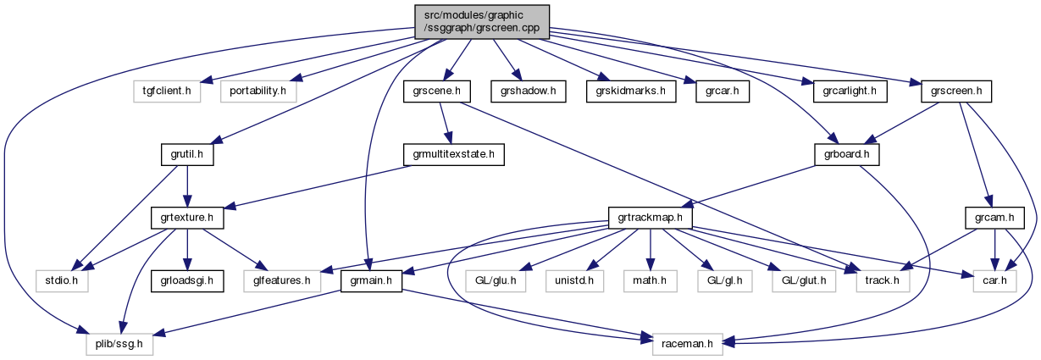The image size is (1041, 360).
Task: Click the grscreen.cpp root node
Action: click(x=481, y=20)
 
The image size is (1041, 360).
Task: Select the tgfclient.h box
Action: click(x=166, y=89)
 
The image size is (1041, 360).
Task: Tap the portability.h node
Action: click(x=257, y=89)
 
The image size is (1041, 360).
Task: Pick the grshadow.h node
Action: click(x=529, y=89)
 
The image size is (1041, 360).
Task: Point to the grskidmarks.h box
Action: click(x=631, y=89)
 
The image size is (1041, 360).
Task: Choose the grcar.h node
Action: click(x=722, y=89)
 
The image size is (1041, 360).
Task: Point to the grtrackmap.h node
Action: click(x=651, y=218)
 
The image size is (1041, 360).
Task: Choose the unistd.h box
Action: click(x=579, y=280)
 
